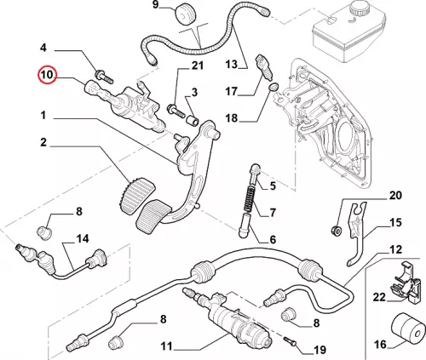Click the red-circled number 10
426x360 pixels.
pos(48,75)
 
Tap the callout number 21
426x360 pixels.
pos(198,66)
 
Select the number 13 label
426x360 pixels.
pos(232,64)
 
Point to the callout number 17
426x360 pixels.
pos(231,91)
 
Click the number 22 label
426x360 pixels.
pos(379,297)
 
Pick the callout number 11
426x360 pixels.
pos(166,346)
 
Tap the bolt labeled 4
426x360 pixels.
pos(105,77)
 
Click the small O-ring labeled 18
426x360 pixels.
pos(273,88)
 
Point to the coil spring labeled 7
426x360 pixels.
pos(249,198)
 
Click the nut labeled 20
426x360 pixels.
pos(337,230)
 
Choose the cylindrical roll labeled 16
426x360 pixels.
pos(407,329)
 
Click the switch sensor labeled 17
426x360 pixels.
pos(265,67)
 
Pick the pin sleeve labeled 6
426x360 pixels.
pos(245,227)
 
